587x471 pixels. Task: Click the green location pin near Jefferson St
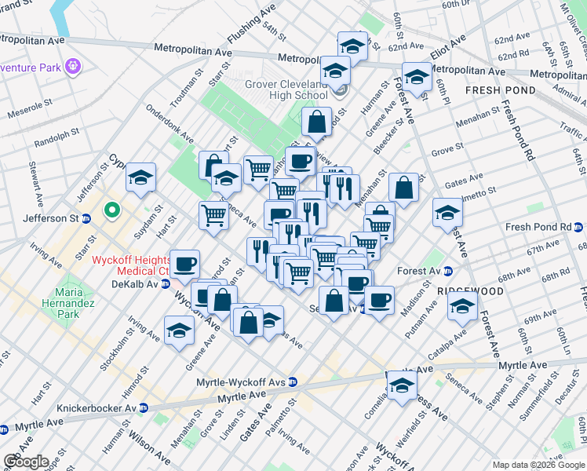click(112, 210)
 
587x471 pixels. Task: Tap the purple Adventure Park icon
click(74, 66)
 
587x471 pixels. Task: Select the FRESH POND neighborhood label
click(500, 90)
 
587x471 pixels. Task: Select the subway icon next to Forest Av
click(447, 272)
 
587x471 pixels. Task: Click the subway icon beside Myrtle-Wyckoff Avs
click(293, 382)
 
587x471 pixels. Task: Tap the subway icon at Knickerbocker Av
click(144, 407)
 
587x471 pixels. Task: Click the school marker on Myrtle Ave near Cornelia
click(403, 385)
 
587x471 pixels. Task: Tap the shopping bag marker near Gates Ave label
click(403, 188)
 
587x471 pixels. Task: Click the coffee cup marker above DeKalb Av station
click(185, 264)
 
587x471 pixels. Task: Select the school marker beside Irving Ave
click(180, 330)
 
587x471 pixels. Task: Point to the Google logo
click(26, 462)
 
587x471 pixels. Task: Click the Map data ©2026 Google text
click(538, 465)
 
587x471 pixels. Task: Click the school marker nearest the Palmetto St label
click(447, 213)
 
